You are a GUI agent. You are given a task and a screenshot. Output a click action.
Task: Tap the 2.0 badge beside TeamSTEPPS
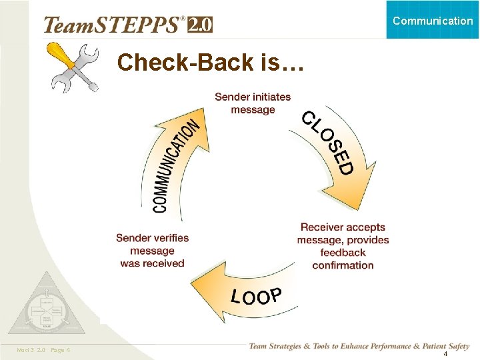click(x=200, y=25)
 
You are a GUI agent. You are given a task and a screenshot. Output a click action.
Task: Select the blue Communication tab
click(x=433, y=21)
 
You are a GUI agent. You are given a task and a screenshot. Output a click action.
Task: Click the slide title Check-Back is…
click(x=211, y=63)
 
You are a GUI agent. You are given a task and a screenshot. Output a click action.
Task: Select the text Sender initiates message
click(x=253, y=103)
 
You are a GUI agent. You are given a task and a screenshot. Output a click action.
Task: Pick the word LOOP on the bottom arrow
click(x=257, y=295)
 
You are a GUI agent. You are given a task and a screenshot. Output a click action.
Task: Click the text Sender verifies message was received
click(x=152, y=251)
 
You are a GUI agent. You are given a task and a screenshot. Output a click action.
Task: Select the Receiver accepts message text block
click(x=343, y=246)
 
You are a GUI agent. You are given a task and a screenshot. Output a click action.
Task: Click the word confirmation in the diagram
click(x=343, y=265)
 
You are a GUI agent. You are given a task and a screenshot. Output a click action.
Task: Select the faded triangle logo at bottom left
click(x=46, y=307)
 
